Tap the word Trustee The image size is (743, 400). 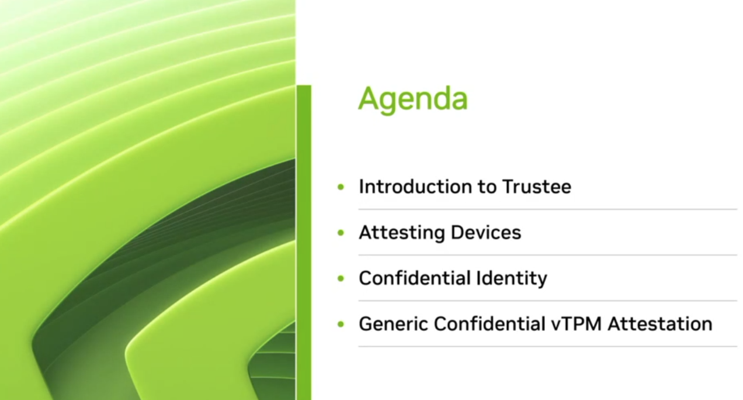536,187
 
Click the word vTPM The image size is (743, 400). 575,323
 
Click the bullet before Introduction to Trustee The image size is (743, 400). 341,187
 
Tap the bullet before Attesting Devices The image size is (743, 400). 341,233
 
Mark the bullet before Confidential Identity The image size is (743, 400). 341,278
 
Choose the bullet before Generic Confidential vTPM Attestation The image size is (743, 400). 341,324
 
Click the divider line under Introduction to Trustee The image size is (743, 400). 547,209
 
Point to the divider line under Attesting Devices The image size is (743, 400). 547,255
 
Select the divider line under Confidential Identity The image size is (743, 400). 547,301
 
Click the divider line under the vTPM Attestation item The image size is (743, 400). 547,346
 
